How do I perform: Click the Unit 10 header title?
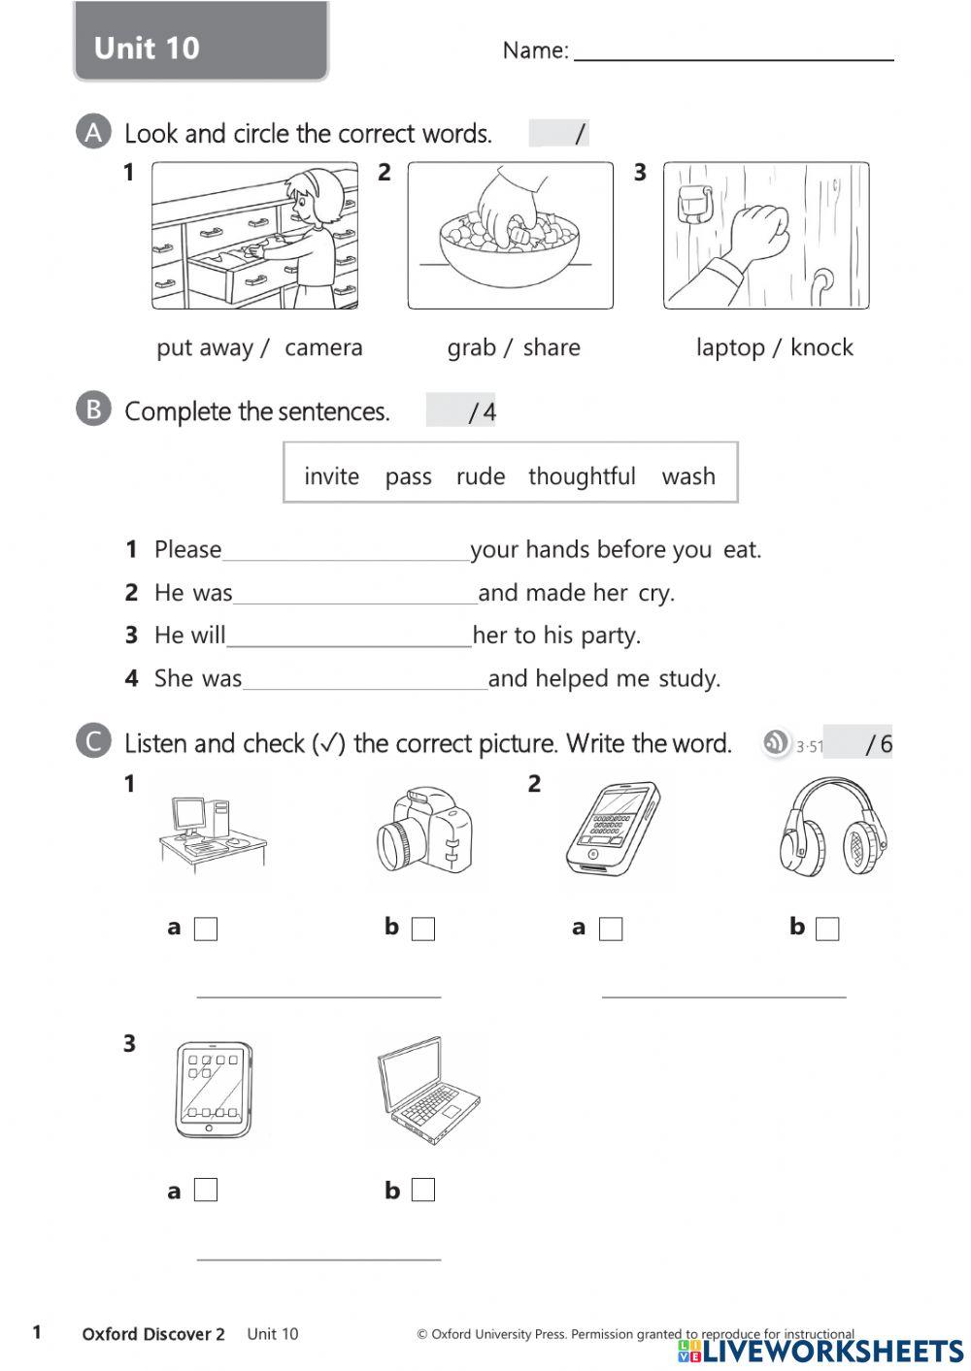tap(148, 48)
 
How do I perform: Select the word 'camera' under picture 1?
tap(323, 347)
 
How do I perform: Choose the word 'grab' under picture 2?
tap(471, 347)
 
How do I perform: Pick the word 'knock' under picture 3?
tap(821, 347)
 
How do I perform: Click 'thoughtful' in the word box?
tap(582, 476)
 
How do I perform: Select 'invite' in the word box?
tap(331, 476)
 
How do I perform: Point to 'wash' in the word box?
tap(688, 476)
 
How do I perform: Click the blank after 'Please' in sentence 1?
tap(346, 552)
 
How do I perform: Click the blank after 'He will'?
tap(349, 637)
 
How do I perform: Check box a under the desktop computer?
tap(206, 929)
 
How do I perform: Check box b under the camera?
tap(423, 929)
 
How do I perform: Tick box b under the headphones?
tap(827, 929)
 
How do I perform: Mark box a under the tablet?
tap(206, 1190)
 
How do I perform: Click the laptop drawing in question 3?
tap(427, 1092)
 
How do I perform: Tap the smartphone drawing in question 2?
tap(612, 828)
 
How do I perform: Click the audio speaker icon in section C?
tap(776, 743)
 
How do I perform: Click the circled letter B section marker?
tap(93, 409)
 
